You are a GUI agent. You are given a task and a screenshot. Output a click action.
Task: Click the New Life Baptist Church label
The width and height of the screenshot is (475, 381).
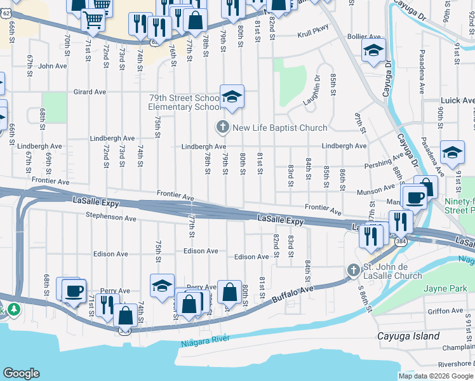tap(271, 128)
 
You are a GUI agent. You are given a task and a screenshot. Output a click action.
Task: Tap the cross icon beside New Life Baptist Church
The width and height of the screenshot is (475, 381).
tap(222, 128)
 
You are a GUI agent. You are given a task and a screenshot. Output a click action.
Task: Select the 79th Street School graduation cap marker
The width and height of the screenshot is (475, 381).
tap(232, 97)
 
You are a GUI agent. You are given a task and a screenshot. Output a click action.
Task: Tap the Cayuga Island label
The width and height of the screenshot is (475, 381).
tap(417, 336)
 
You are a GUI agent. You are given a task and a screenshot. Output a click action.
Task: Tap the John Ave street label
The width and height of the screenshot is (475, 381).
tap(53, 65)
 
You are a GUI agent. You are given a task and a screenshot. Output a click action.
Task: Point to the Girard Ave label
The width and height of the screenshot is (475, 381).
tap(90, 92)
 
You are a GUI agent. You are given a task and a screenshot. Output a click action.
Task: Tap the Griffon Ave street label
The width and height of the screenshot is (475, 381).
tap(446, 311)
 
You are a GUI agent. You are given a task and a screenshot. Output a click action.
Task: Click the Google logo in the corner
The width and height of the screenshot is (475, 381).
tap(21, 373)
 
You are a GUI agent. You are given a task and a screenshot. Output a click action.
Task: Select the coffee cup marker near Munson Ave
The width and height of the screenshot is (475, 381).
tap(415, 197)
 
